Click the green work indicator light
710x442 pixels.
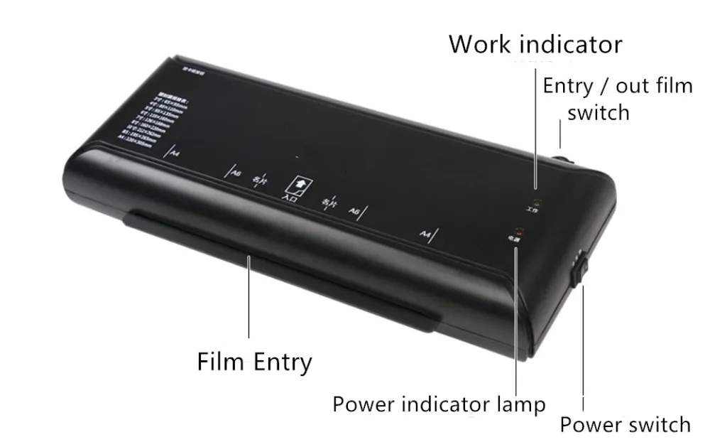[537, 203]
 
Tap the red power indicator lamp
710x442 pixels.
[520, 232]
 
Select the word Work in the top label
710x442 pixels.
[481, 44]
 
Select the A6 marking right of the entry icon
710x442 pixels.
[353, 210]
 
